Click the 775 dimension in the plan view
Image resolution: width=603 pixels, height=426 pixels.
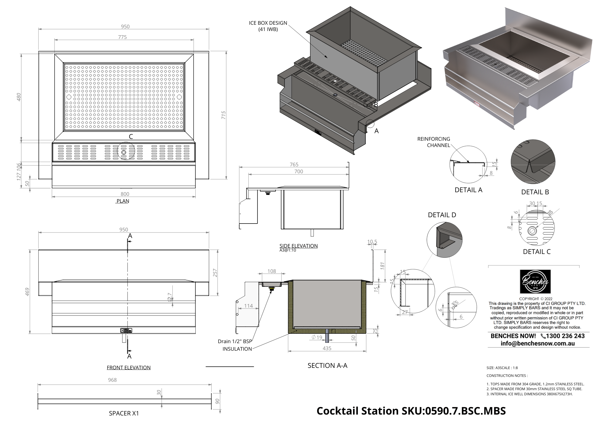tap(122, 37)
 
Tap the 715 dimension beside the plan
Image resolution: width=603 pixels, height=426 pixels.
tap(223, 115)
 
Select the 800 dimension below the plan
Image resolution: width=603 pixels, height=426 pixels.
tap(125, 194)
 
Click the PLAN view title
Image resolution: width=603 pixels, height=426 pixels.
tap(123, 201)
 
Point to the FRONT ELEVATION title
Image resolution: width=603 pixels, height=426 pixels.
tap(128, 368)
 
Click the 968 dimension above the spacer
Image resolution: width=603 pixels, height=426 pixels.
tap(112, 380)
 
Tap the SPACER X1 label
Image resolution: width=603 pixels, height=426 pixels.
tap(124, 413)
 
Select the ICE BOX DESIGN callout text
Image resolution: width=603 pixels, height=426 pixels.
tap(268, 26)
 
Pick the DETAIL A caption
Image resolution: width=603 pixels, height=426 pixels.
tap(469, 190)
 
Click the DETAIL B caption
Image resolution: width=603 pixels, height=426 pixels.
tap(535, 192)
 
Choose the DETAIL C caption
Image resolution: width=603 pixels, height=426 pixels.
tap(537, 252)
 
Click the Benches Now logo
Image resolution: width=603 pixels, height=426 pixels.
tap(535, 281)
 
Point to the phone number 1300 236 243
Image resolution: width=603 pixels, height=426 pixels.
tap(565, 336)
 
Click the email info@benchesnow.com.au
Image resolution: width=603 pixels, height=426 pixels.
tap(538, 343)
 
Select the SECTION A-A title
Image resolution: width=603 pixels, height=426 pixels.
tap(327, 365)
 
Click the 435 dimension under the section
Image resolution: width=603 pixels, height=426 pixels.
tap(327, 348)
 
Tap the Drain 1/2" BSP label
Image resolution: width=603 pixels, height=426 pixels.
tap(235, 341)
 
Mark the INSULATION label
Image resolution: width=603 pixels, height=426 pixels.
tap(237, 349)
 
